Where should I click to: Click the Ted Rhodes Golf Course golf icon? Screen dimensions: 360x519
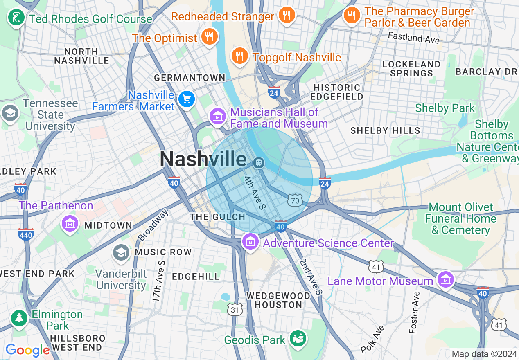[16, 18]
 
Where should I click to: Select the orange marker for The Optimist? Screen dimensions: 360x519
[209, 37]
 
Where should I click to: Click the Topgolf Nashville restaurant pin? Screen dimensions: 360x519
[239, 56]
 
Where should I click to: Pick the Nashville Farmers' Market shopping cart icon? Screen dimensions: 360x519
[187, 99]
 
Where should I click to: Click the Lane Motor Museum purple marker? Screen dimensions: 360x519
[445, 280]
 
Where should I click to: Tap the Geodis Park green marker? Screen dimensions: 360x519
[298, 338]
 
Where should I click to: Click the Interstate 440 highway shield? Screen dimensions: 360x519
[25, 234]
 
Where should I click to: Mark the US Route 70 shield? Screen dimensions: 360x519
[296, 200]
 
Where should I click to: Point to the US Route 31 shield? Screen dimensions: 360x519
[234, 310]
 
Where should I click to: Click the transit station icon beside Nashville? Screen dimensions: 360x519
[258, 163]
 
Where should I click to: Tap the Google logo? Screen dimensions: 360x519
[27, 350]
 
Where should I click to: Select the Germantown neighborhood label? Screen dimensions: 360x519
[190, 78]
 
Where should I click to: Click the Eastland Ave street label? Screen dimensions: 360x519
[413, 38]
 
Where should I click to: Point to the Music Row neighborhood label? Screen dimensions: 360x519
[163, 252]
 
